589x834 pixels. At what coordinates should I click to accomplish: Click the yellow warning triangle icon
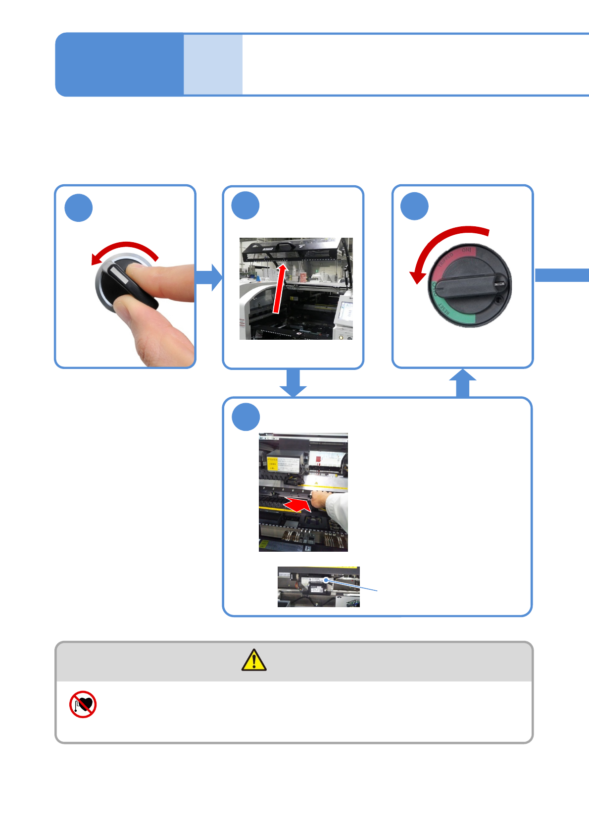[x=254, y=660]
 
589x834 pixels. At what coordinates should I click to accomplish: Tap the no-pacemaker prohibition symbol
[x=83, y=704]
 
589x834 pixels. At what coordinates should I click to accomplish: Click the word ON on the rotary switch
[x=466, y=251]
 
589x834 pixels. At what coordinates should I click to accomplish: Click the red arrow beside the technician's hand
[x=297, y=505]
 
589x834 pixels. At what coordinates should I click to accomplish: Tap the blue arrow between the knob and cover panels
[x=209, y=277]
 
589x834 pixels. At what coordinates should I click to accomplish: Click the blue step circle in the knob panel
[x=79, y=208]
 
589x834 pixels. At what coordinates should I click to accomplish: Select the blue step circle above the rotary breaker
[x=414, y=206]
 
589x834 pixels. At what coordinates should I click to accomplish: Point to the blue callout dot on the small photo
[x=326, y=580]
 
